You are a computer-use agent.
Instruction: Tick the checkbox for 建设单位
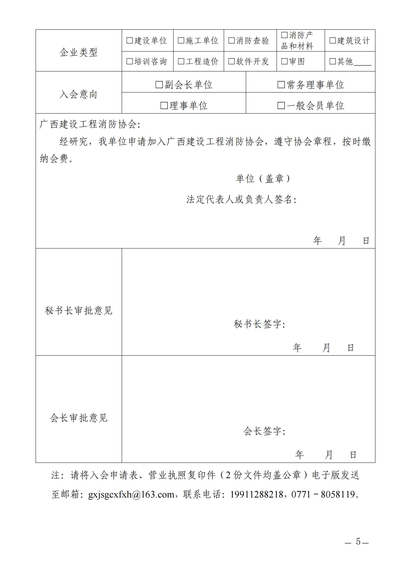point(129,40)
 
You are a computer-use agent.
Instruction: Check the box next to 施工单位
point(181,40)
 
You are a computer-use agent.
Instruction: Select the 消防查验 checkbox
point(231,40)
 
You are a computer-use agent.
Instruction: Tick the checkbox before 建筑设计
point(332,40)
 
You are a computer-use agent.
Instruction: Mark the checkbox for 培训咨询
point(129,61)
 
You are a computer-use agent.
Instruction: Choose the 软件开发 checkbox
point(231,61)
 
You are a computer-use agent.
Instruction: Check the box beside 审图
point(285,61)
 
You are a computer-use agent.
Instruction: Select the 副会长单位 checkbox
point(159,84)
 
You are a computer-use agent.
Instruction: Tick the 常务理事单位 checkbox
point(281,84)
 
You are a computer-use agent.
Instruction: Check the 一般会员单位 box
point(281,106)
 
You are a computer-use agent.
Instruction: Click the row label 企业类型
point(79,52)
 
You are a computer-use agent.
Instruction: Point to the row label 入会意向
point(79,94)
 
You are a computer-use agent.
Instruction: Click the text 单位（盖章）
point(263,179)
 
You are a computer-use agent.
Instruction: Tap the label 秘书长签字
point(260,324)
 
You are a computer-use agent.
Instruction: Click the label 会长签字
point(264,431)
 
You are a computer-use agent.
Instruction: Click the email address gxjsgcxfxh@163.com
point(131,494)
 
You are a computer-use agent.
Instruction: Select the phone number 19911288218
point(256,494)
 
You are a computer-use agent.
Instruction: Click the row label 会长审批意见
point(79,418)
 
